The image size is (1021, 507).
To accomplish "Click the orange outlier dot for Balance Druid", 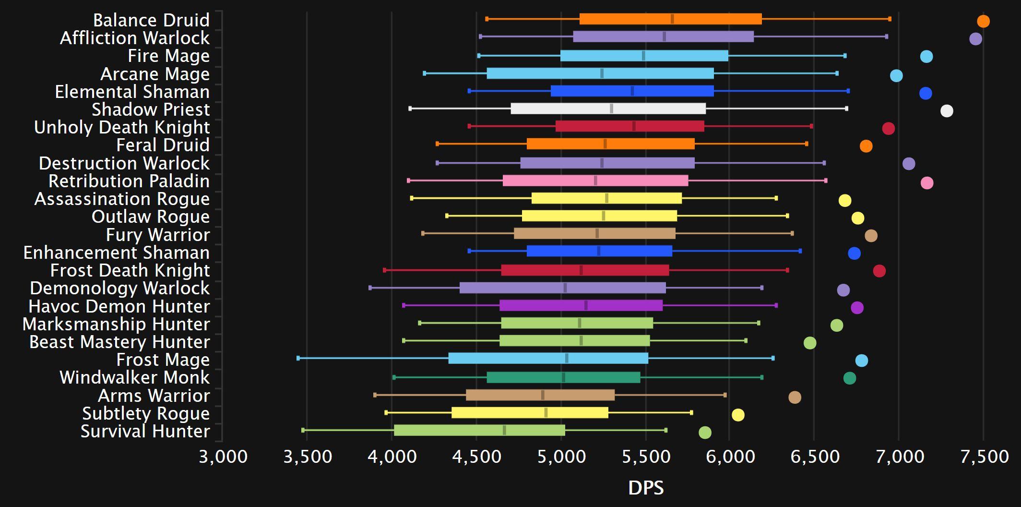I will tap(983, 21).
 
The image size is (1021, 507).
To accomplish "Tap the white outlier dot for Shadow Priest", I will tap(947, 111).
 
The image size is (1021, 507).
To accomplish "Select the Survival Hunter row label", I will tap(145, 431).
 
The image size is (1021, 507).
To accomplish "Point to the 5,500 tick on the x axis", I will tap(646, 456).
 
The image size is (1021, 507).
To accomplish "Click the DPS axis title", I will tap(646, 488).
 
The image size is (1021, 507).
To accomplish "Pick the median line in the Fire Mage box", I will tap(643, 56).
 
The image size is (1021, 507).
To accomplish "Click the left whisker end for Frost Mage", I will tap(298, 358).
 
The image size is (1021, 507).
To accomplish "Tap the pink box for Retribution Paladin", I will tap(595, 181).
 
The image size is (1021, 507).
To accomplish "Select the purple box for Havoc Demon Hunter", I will tap(581, 305).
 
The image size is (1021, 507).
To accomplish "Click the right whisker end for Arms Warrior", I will tap(725, 395).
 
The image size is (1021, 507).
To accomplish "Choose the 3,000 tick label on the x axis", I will tap(223, 456).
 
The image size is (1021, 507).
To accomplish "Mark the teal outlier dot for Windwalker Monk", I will tap(850, 378).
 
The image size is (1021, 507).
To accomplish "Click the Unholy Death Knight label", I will tap(122, 127).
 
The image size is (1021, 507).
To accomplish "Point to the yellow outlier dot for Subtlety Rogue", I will tap(738, 415).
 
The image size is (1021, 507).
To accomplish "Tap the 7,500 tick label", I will tap(984, 456).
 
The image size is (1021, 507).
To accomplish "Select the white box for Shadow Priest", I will tap(608, 109).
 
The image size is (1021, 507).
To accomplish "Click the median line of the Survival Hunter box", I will tap(504, 430).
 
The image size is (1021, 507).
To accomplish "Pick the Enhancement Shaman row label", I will tap(117, 253).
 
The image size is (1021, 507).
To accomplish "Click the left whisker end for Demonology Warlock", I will tap(370, 288).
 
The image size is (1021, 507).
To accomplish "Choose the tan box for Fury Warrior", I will tap(594, 233).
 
